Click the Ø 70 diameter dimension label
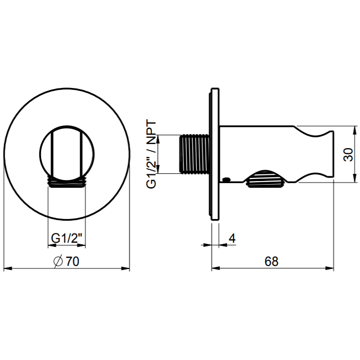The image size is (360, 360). [x=66, y=261]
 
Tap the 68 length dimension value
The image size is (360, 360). [x=272, y=261]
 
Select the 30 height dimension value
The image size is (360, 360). [x=349, y=155]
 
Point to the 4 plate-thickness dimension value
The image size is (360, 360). [x=232, y=239]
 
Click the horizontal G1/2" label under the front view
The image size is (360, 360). [x=66, y=238]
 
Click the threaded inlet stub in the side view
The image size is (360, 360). [x=194, y=154]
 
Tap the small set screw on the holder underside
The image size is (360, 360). [x=227, y=179]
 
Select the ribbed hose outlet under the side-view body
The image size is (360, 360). [x=266, y=179]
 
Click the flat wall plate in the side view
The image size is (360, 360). [x=215, y=154]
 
